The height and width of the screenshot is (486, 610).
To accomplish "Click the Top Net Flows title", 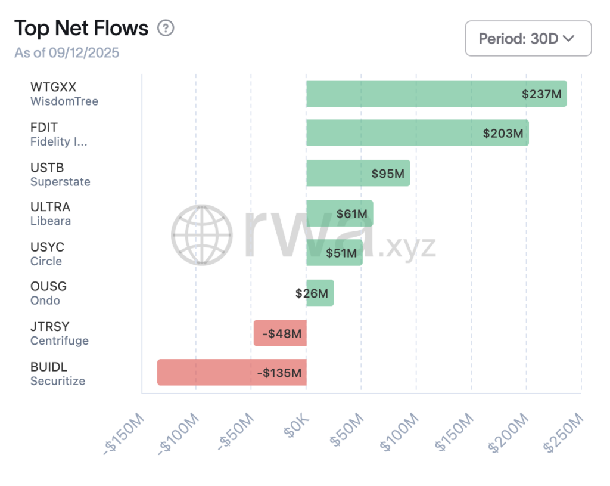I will point(81,28).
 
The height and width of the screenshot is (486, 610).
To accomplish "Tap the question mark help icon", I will point(166,28).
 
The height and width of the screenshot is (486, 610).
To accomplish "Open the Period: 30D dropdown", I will point(528,39).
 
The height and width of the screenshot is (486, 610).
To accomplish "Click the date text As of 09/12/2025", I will point(67,53).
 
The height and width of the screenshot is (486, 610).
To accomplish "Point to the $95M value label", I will point(388,174).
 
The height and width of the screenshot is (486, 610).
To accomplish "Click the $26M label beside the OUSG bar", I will point(312,293).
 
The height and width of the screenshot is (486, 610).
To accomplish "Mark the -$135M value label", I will point(279,373).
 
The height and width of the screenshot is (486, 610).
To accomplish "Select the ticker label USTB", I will point(47,168).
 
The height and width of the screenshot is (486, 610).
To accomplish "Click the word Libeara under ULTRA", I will point(51,221).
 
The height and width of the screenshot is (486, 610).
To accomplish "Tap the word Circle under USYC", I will point(46,261).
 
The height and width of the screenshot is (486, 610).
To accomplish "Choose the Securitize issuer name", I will point(58,381).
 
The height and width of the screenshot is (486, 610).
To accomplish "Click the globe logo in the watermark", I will point(201,235).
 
